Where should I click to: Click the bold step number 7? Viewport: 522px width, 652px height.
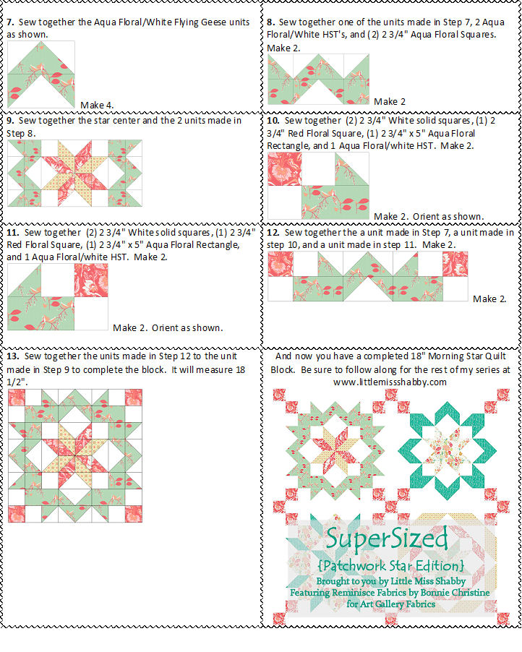[x=9, y=22]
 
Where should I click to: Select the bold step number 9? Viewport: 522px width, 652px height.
[x=9, y=121]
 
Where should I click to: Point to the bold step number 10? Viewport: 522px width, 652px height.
[x=273, y=121]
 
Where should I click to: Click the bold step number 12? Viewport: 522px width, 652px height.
[x=273, y=233]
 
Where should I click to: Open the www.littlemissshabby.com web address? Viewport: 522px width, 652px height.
[x=390, y=382]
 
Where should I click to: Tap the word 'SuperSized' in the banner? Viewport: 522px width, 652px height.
[x=386, y=539]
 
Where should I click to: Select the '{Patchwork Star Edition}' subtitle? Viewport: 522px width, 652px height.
[x=390, y=565]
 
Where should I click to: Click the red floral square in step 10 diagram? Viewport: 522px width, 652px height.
[x=284, y=168]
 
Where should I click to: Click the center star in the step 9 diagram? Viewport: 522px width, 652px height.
[x=74, y=173]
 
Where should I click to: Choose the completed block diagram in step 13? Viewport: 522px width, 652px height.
[x=74, y=455]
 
